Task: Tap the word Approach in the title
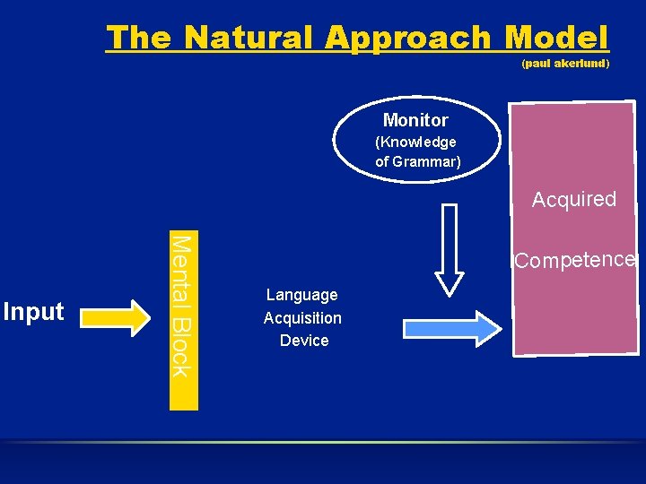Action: point(408,38)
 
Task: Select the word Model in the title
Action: point(556,38)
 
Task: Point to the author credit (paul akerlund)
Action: point(565,65)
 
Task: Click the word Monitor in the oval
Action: point(415,120)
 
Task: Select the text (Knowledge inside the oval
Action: point(415,142)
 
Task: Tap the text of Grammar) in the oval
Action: point(418,161)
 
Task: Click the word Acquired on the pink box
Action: point(574,199)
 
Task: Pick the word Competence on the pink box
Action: point(574,261)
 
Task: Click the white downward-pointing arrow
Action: point(450,250)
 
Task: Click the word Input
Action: point(34,312)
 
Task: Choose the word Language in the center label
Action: point(302,295)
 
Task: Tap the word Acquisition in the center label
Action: point(302,318)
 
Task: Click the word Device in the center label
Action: point(304,341)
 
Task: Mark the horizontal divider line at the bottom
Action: point(323,442)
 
